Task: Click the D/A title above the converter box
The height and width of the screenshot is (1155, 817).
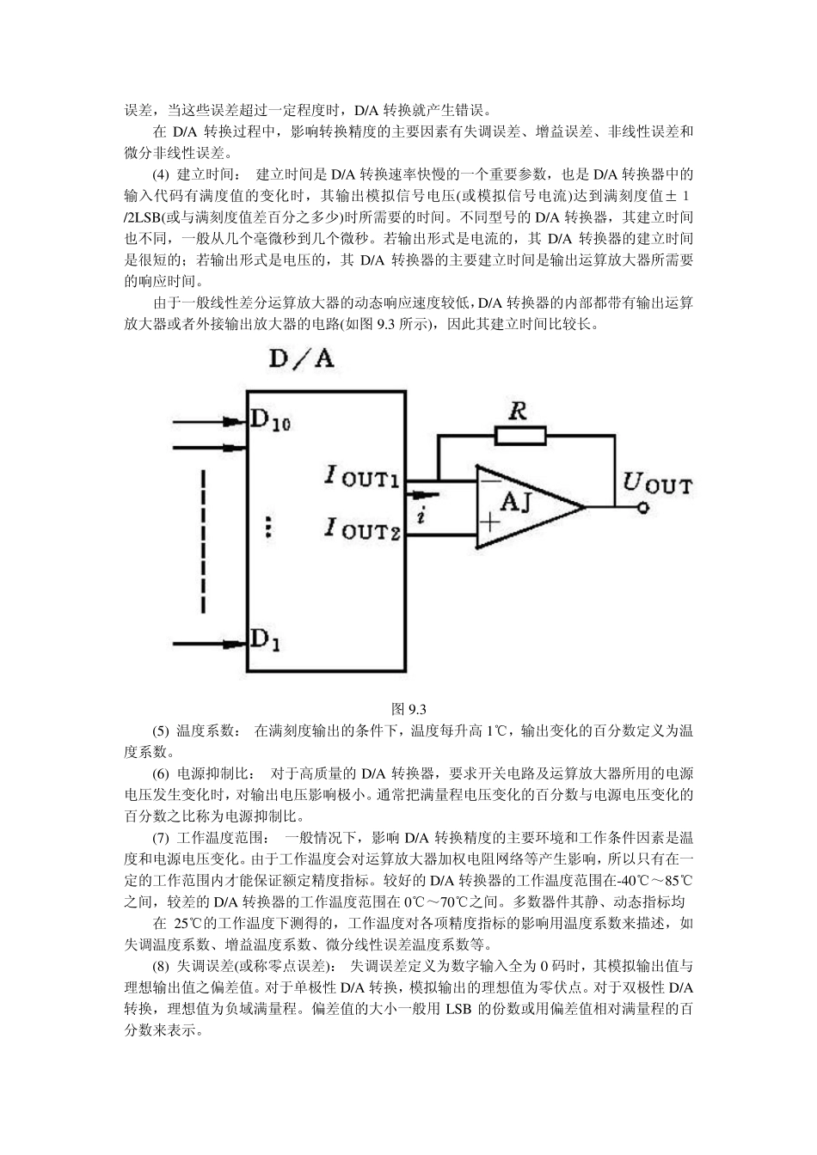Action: (x=300, y=357)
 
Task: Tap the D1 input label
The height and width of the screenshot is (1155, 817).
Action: (x=264, y=639)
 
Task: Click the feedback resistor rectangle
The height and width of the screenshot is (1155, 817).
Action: (x=520, y=437)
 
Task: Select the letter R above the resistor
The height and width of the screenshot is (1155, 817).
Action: (x=517, y=411)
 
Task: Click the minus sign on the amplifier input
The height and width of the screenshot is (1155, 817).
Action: (x=489, y=481)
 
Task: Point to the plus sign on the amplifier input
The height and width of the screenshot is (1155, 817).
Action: (x=489, y=521)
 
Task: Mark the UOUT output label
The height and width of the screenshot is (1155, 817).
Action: (x=656, y=483)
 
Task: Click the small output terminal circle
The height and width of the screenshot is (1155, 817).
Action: (x=642, y=508)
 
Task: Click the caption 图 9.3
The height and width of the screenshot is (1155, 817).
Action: (x=408, y=709)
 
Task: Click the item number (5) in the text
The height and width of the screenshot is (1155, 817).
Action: (x=162, y=731)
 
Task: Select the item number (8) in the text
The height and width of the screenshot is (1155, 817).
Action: (x=162, y=965)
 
